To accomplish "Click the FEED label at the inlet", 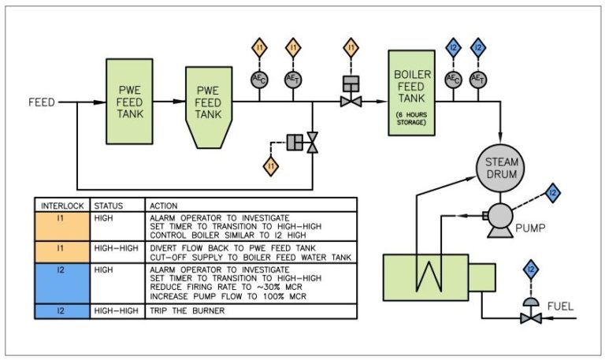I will [x=41, y=102].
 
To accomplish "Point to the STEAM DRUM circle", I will [x=502, y=168].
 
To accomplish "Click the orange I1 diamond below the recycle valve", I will [x=271, y=167].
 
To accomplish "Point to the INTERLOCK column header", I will [x=60, y=204].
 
